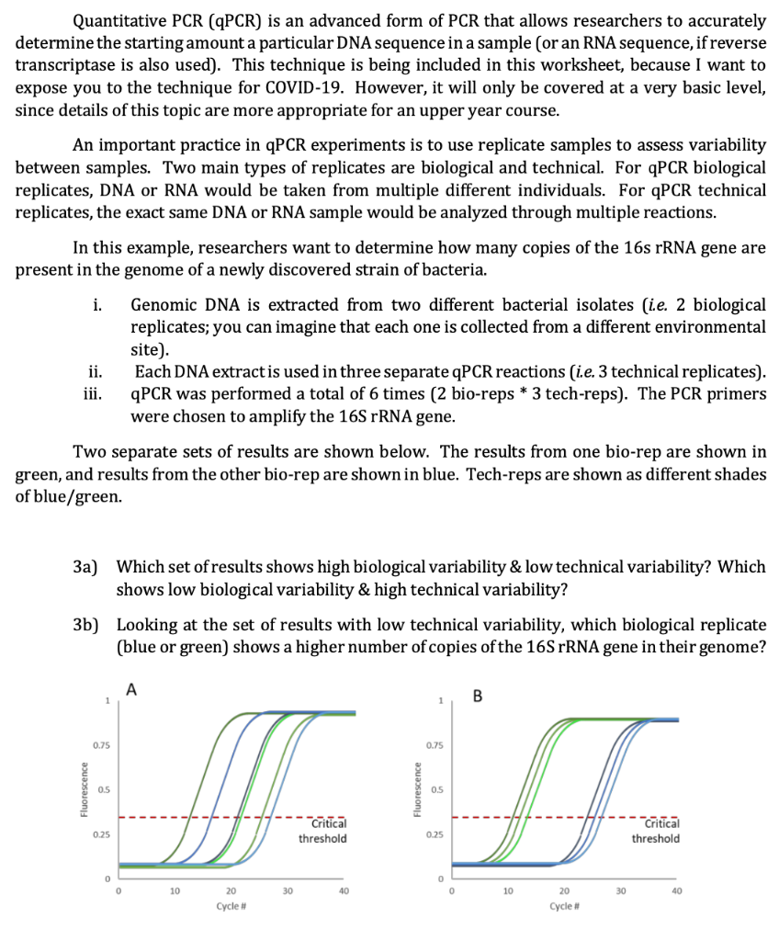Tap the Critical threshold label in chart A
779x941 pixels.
pos(322,831)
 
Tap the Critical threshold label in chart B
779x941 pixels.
pos(656,831)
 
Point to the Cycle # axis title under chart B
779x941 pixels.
pos(564,905)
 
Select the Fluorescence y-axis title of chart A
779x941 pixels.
pos(84,789)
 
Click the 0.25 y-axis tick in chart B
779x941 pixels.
pos(435,834)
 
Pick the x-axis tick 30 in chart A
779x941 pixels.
pos(288,890)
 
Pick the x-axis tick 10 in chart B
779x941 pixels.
pos(507,890)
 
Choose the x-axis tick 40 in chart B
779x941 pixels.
pos(677,890)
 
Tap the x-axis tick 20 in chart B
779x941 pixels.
pos(564,890)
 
